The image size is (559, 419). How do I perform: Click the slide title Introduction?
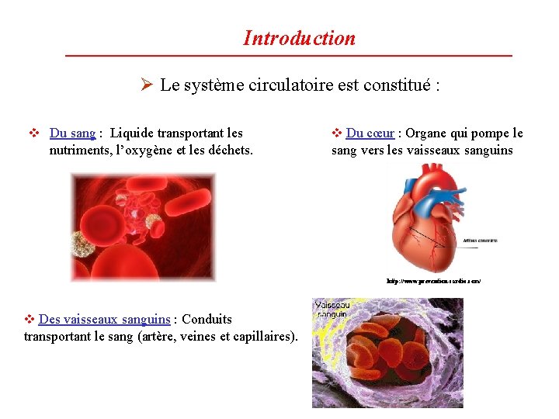[299, 38]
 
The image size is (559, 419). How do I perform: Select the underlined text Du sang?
[73, 133]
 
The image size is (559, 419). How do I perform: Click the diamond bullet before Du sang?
[33, 133]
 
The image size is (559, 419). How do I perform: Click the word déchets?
[228, 150]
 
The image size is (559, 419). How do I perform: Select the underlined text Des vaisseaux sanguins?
[104, 319]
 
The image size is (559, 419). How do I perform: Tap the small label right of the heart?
[481, 241]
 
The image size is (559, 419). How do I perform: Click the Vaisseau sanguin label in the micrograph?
[332, 310]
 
